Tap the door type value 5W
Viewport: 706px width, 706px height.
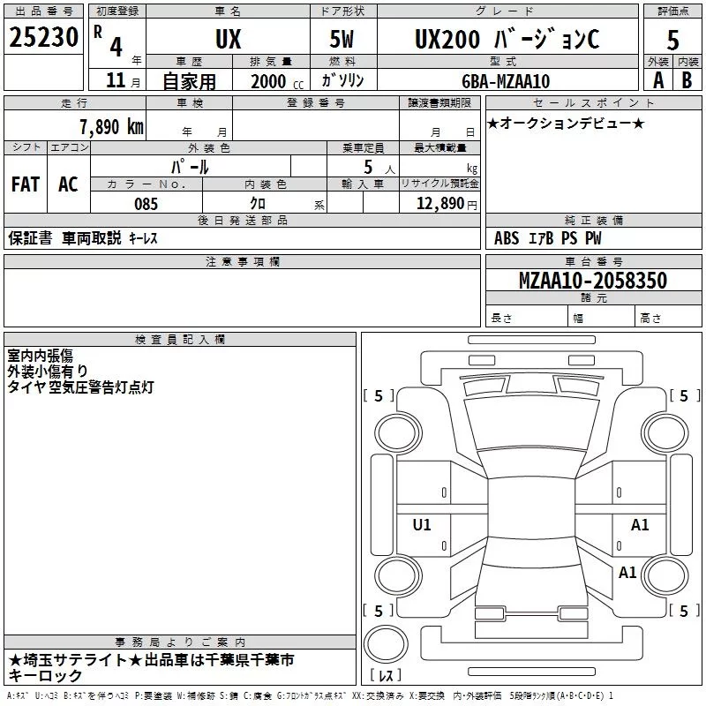tap(343, 40)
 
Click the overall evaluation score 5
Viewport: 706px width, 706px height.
tap(672, 41)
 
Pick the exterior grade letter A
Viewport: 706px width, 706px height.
tap(657, 79)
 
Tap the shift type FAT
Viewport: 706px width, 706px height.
tap(25, 184)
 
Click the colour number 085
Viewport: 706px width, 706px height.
tap(146, 204)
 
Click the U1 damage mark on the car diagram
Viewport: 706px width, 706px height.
tap(422, 525)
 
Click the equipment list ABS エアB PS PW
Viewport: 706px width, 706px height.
tap(548, 238)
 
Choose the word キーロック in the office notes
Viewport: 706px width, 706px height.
tap(46, 675)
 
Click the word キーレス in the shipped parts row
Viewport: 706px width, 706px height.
tap(143, 238)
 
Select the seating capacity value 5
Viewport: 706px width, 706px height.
tap(368, 167)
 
